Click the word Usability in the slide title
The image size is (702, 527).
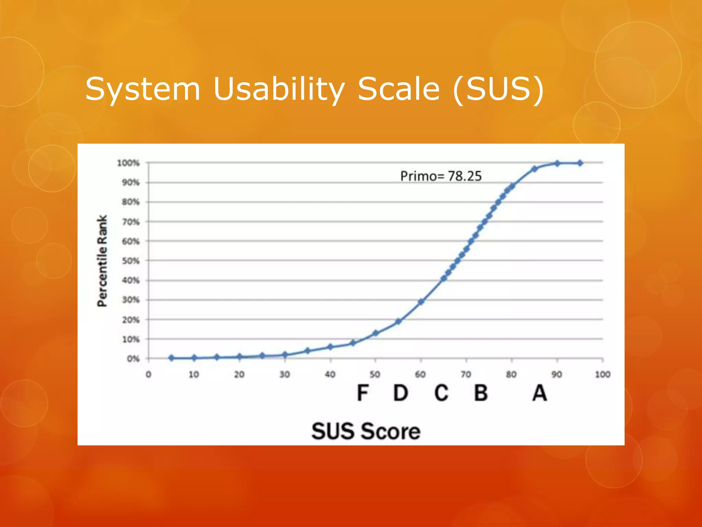click(279, 89)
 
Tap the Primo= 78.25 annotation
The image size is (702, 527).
click(441, 176)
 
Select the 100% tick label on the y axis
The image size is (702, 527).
click(128, 163)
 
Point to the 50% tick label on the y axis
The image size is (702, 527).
click(131, 261)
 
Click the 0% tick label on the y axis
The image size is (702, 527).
click(133, 359)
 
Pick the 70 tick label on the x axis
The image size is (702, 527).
click(466, 374)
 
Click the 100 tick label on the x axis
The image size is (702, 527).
click(602, 374)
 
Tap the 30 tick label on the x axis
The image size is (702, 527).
click(285, 374)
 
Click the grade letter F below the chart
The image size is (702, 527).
click(363, 393)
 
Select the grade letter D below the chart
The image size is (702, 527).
click(400, 393)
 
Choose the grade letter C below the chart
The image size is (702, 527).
click(441, 393)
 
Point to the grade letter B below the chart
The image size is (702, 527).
click(481, 393)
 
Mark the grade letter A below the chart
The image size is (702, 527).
click(540, 393)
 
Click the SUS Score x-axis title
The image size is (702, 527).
click(366, 431)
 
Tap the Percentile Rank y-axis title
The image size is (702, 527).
click(102, 261)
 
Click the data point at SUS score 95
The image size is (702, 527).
click(580, 163)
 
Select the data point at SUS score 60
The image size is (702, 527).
click(421, 302)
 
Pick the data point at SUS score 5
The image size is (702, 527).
click(171, 358)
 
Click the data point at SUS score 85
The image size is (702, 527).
click(534, 169)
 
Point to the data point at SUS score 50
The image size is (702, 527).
click(375, 333)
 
